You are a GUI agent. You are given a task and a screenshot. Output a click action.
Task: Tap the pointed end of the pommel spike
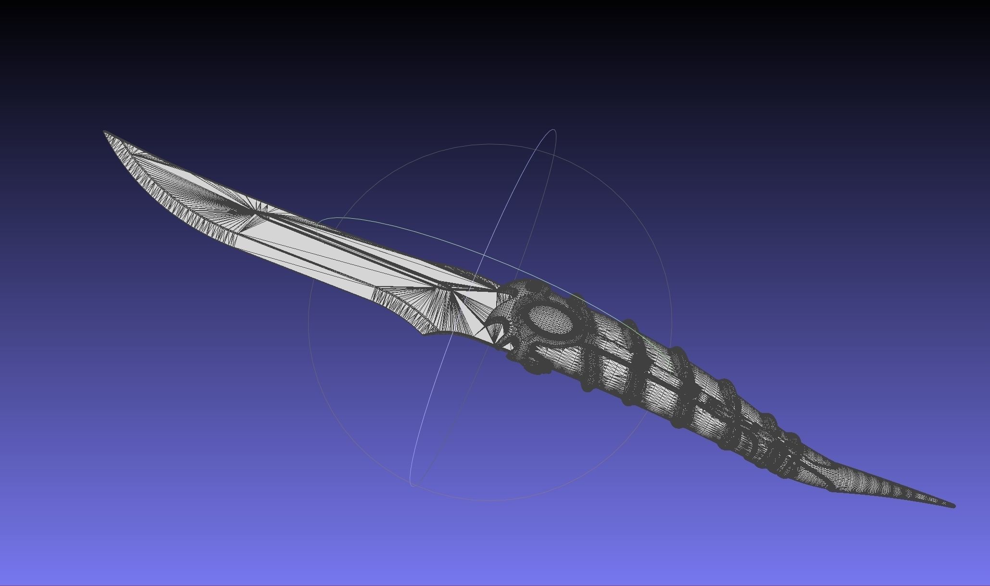click(x=953, y=505)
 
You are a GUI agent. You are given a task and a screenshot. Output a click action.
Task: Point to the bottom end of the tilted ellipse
click(x=413, y=485)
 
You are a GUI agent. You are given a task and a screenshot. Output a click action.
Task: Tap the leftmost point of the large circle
click(x=309, y=322)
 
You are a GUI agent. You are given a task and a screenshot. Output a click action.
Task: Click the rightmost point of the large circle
click(x=671, y=322)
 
